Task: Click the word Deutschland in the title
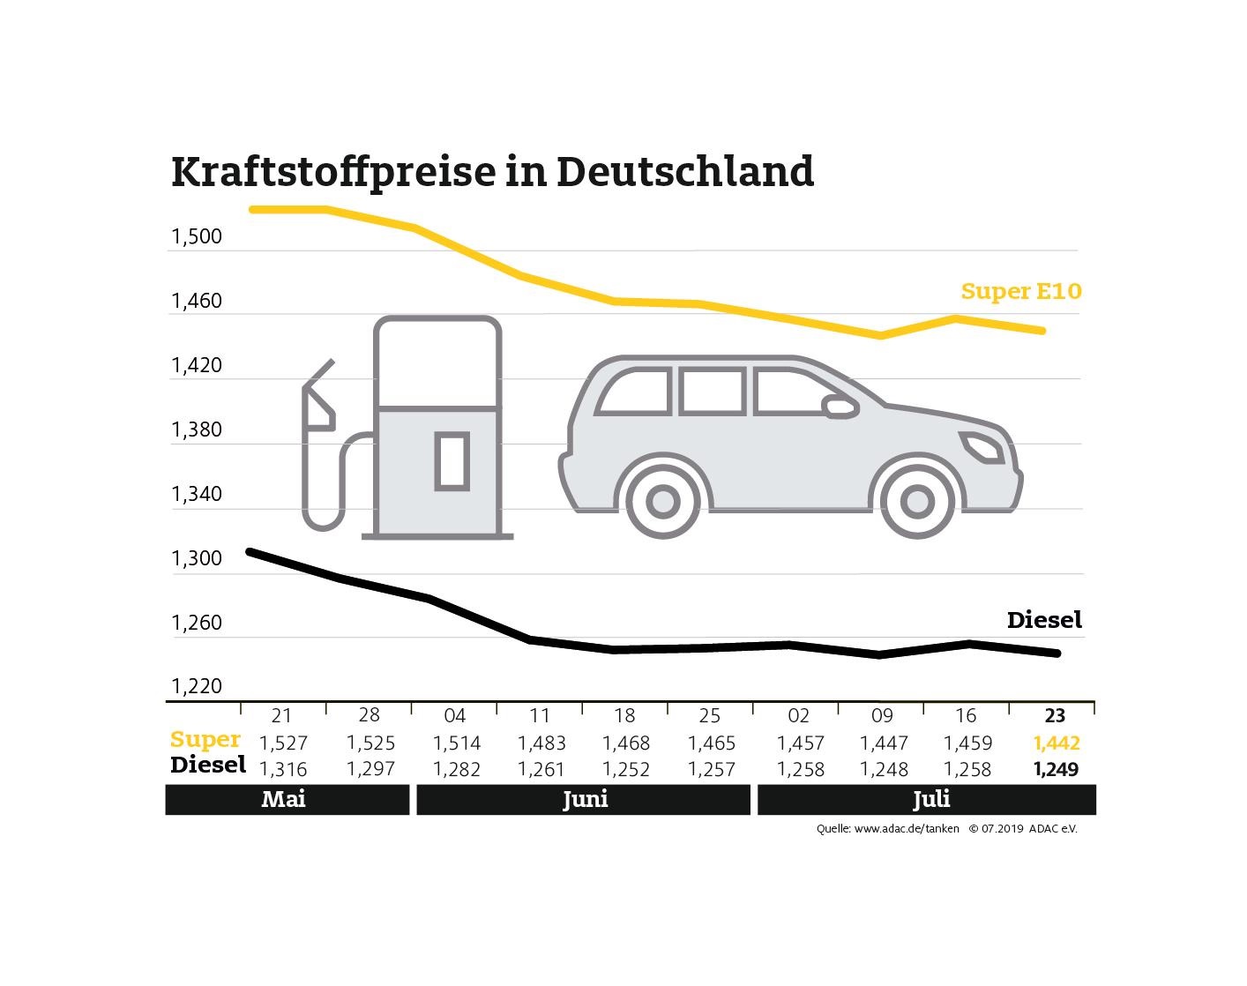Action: (x=684, y=171)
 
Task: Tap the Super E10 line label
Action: (x=1020, y=291)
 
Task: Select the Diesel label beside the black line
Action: (x=1043, y=620)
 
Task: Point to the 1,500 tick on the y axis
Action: (x=197, y=236)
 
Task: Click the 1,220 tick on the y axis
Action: (x=197, y=686)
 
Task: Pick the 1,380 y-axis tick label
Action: (x=197, y=430)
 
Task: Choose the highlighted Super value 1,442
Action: (x=1056, y=743)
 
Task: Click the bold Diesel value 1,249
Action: (x=1056, y=769)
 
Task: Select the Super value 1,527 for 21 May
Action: (x=283, y=743)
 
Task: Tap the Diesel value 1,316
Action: (x=283, y=769)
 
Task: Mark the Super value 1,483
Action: (x=541, y=743)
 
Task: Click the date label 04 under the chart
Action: (x=454, y=715)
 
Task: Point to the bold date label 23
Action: (x=1055, y=715)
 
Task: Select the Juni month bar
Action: (x=584, y=800)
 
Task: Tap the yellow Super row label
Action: (x=205, y=740)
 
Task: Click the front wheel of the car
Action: (x=916, y=502)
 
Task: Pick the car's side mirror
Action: (x=840, y=407)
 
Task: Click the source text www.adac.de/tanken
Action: (x=906, y=829)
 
